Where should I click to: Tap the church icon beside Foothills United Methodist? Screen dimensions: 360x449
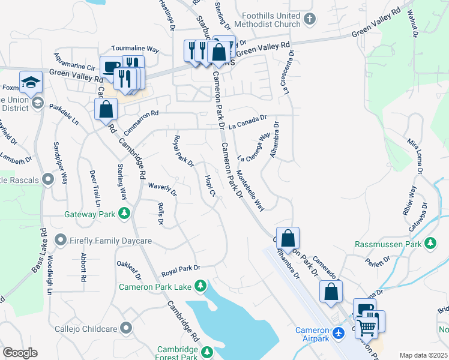[310, 20]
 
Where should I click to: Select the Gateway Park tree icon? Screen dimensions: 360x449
[124, 214]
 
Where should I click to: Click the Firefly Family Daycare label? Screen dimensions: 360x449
[105, 241]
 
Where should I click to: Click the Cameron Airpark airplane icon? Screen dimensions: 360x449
[339, 331]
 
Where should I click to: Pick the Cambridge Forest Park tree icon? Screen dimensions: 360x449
[207, 351]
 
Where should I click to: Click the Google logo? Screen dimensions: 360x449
[20, 353]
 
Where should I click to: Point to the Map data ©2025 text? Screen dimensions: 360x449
[423, 355]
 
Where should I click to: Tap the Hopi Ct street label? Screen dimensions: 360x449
[208, 185]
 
